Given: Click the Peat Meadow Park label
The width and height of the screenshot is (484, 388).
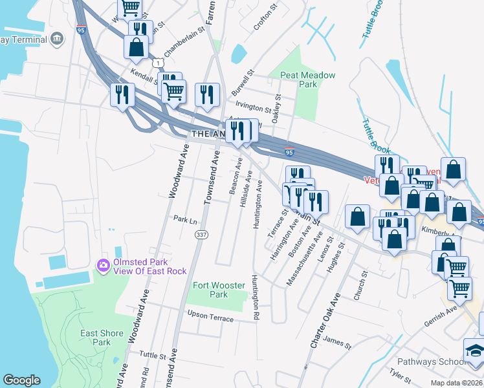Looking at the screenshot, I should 307,80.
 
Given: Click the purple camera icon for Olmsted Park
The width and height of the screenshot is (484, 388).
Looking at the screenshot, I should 102,265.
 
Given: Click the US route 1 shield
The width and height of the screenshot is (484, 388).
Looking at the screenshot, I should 157,63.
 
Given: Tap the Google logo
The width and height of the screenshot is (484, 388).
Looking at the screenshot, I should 21,380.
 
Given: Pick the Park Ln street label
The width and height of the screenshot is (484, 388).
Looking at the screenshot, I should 184,220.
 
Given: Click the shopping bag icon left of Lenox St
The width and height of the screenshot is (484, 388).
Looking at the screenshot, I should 357,218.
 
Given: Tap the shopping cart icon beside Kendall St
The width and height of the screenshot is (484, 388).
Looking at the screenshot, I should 173,92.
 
